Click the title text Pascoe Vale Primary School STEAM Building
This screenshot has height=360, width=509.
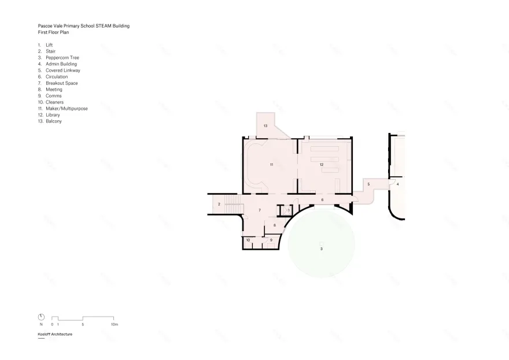[83, 26]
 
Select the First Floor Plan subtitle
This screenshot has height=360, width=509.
[53, 32]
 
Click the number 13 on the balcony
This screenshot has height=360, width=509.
[265, 125]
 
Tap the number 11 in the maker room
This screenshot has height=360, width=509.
[271, 165]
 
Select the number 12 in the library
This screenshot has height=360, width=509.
[321, 165]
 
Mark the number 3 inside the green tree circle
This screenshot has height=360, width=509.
[321, 248]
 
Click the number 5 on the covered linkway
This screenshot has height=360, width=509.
[368, 184]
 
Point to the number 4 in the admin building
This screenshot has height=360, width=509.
[397, 184]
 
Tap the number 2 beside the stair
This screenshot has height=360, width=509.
[219, 205]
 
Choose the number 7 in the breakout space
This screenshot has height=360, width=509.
[260, 210]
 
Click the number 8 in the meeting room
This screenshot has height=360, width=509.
[274, 225]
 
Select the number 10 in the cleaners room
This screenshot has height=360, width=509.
[248, 239]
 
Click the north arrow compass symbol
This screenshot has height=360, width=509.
[41, 317]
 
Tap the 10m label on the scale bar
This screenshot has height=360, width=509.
[115, 325]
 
